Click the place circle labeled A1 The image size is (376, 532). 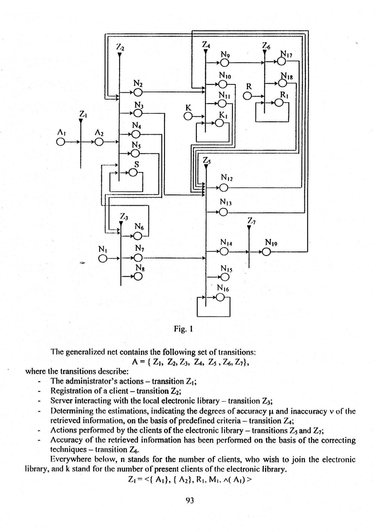(60, 142)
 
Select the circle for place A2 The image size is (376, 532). (100, 142)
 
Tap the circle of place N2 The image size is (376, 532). (138, 92)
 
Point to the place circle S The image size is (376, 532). (133, 173)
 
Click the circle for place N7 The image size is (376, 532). (138, 257)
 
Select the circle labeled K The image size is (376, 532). (188, 116)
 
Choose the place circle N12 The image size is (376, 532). (224, 188)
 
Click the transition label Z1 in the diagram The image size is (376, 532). (83, 115)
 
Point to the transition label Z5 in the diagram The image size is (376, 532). (206, 160)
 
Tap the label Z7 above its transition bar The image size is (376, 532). (252, 221)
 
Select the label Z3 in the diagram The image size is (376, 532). (124, 217)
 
